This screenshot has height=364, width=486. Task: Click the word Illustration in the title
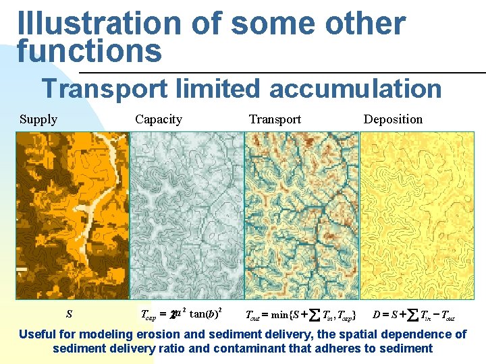99,24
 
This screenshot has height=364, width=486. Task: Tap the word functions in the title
90,51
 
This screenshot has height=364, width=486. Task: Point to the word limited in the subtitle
215,88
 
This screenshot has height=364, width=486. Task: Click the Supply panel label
38,119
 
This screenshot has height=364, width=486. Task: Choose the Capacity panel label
159,119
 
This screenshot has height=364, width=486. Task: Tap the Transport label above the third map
275,119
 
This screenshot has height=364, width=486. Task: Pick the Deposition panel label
393,119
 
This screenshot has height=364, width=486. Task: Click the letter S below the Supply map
69,314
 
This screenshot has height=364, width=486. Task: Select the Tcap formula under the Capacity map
180,314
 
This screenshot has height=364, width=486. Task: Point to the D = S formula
414,314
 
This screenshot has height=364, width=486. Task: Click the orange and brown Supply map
72,215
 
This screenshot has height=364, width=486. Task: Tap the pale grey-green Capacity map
186,215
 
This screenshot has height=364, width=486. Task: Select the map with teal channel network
301,215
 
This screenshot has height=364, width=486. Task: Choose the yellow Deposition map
417,215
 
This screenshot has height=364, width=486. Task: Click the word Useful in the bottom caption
38,334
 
